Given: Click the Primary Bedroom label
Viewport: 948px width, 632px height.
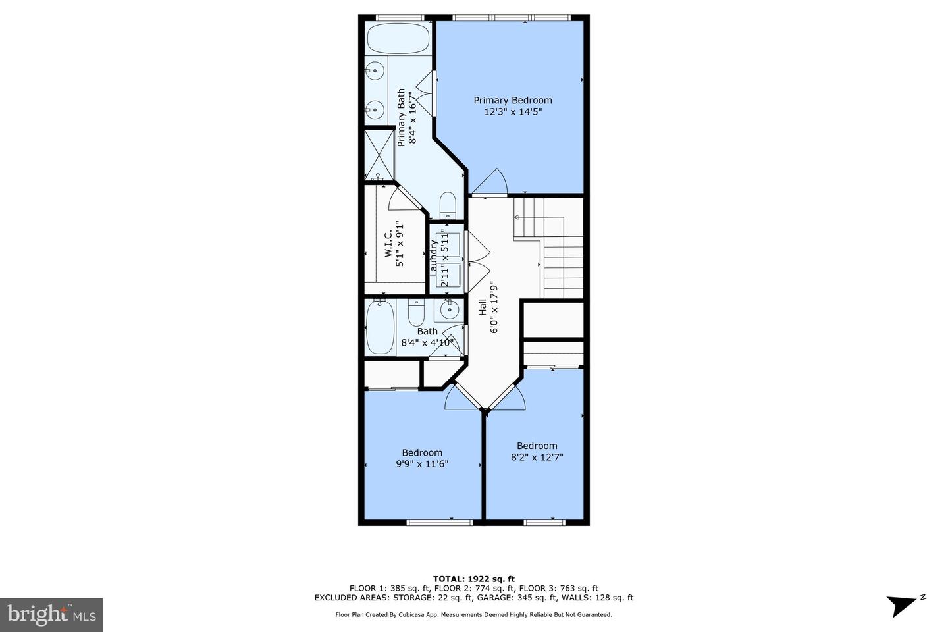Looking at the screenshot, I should [513, 100].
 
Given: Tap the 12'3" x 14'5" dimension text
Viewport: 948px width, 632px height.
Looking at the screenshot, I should [513, 112].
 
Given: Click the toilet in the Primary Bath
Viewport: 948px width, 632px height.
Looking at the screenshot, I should [447, 205].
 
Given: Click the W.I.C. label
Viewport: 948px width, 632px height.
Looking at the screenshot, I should [388, 244].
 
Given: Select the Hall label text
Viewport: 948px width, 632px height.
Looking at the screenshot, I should [483, 307].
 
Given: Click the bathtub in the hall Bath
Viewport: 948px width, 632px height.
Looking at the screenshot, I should [381, 328].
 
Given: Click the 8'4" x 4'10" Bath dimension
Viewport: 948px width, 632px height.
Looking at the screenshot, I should [427, 342].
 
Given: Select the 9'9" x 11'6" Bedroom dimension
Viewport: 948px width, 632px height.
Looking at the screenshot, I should [422, 463].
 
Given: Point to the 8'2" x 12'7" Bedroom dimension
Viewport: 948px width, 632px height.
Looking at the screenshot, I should [537, 457].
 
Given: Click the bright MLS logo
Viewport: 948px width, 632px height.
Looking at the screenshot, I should [51, 615].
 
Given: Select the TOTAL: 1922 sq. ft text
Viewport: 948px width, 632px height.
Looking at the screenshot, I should [473, 579].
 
